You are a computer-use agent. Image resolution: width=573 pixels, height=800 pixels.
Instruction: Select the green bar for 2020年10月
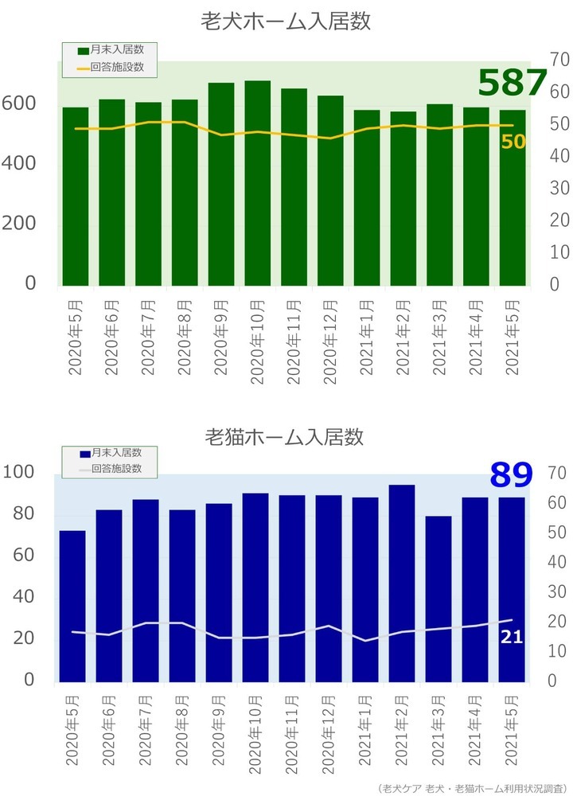[257, 183]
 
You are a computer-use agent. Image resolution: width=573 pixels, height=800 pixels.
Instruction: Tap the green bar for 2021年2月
[403, 198]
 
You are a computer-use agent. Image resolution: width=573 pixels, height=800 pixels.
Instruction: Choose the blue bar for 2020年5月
[72, 606]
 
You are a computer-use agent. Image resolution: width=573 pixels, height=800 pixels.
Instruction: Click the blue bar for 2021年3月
[438, 599]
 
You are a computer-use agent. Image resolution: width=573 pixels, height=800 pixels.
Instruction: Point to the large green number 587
[513, 84]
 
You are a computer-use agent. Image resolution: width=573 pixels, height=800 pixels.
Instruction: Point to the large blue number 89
[510, 475]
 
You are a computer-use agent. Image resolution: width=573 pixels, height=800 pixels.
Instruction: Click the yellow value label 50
[513, 142]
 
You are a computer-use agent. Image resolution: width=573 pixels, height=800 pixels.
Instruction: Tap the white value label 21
[511, 637]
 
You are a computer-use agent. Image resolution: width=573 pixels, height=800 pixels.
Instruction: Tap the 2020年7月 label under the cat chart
[146, 732]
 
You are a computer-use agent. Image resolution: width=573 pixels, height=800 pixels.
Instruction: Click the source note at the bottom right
[474, 788]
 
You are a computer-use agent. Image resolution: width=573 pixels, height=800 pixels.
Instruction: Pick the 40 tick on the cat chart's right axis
[557, 562]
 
